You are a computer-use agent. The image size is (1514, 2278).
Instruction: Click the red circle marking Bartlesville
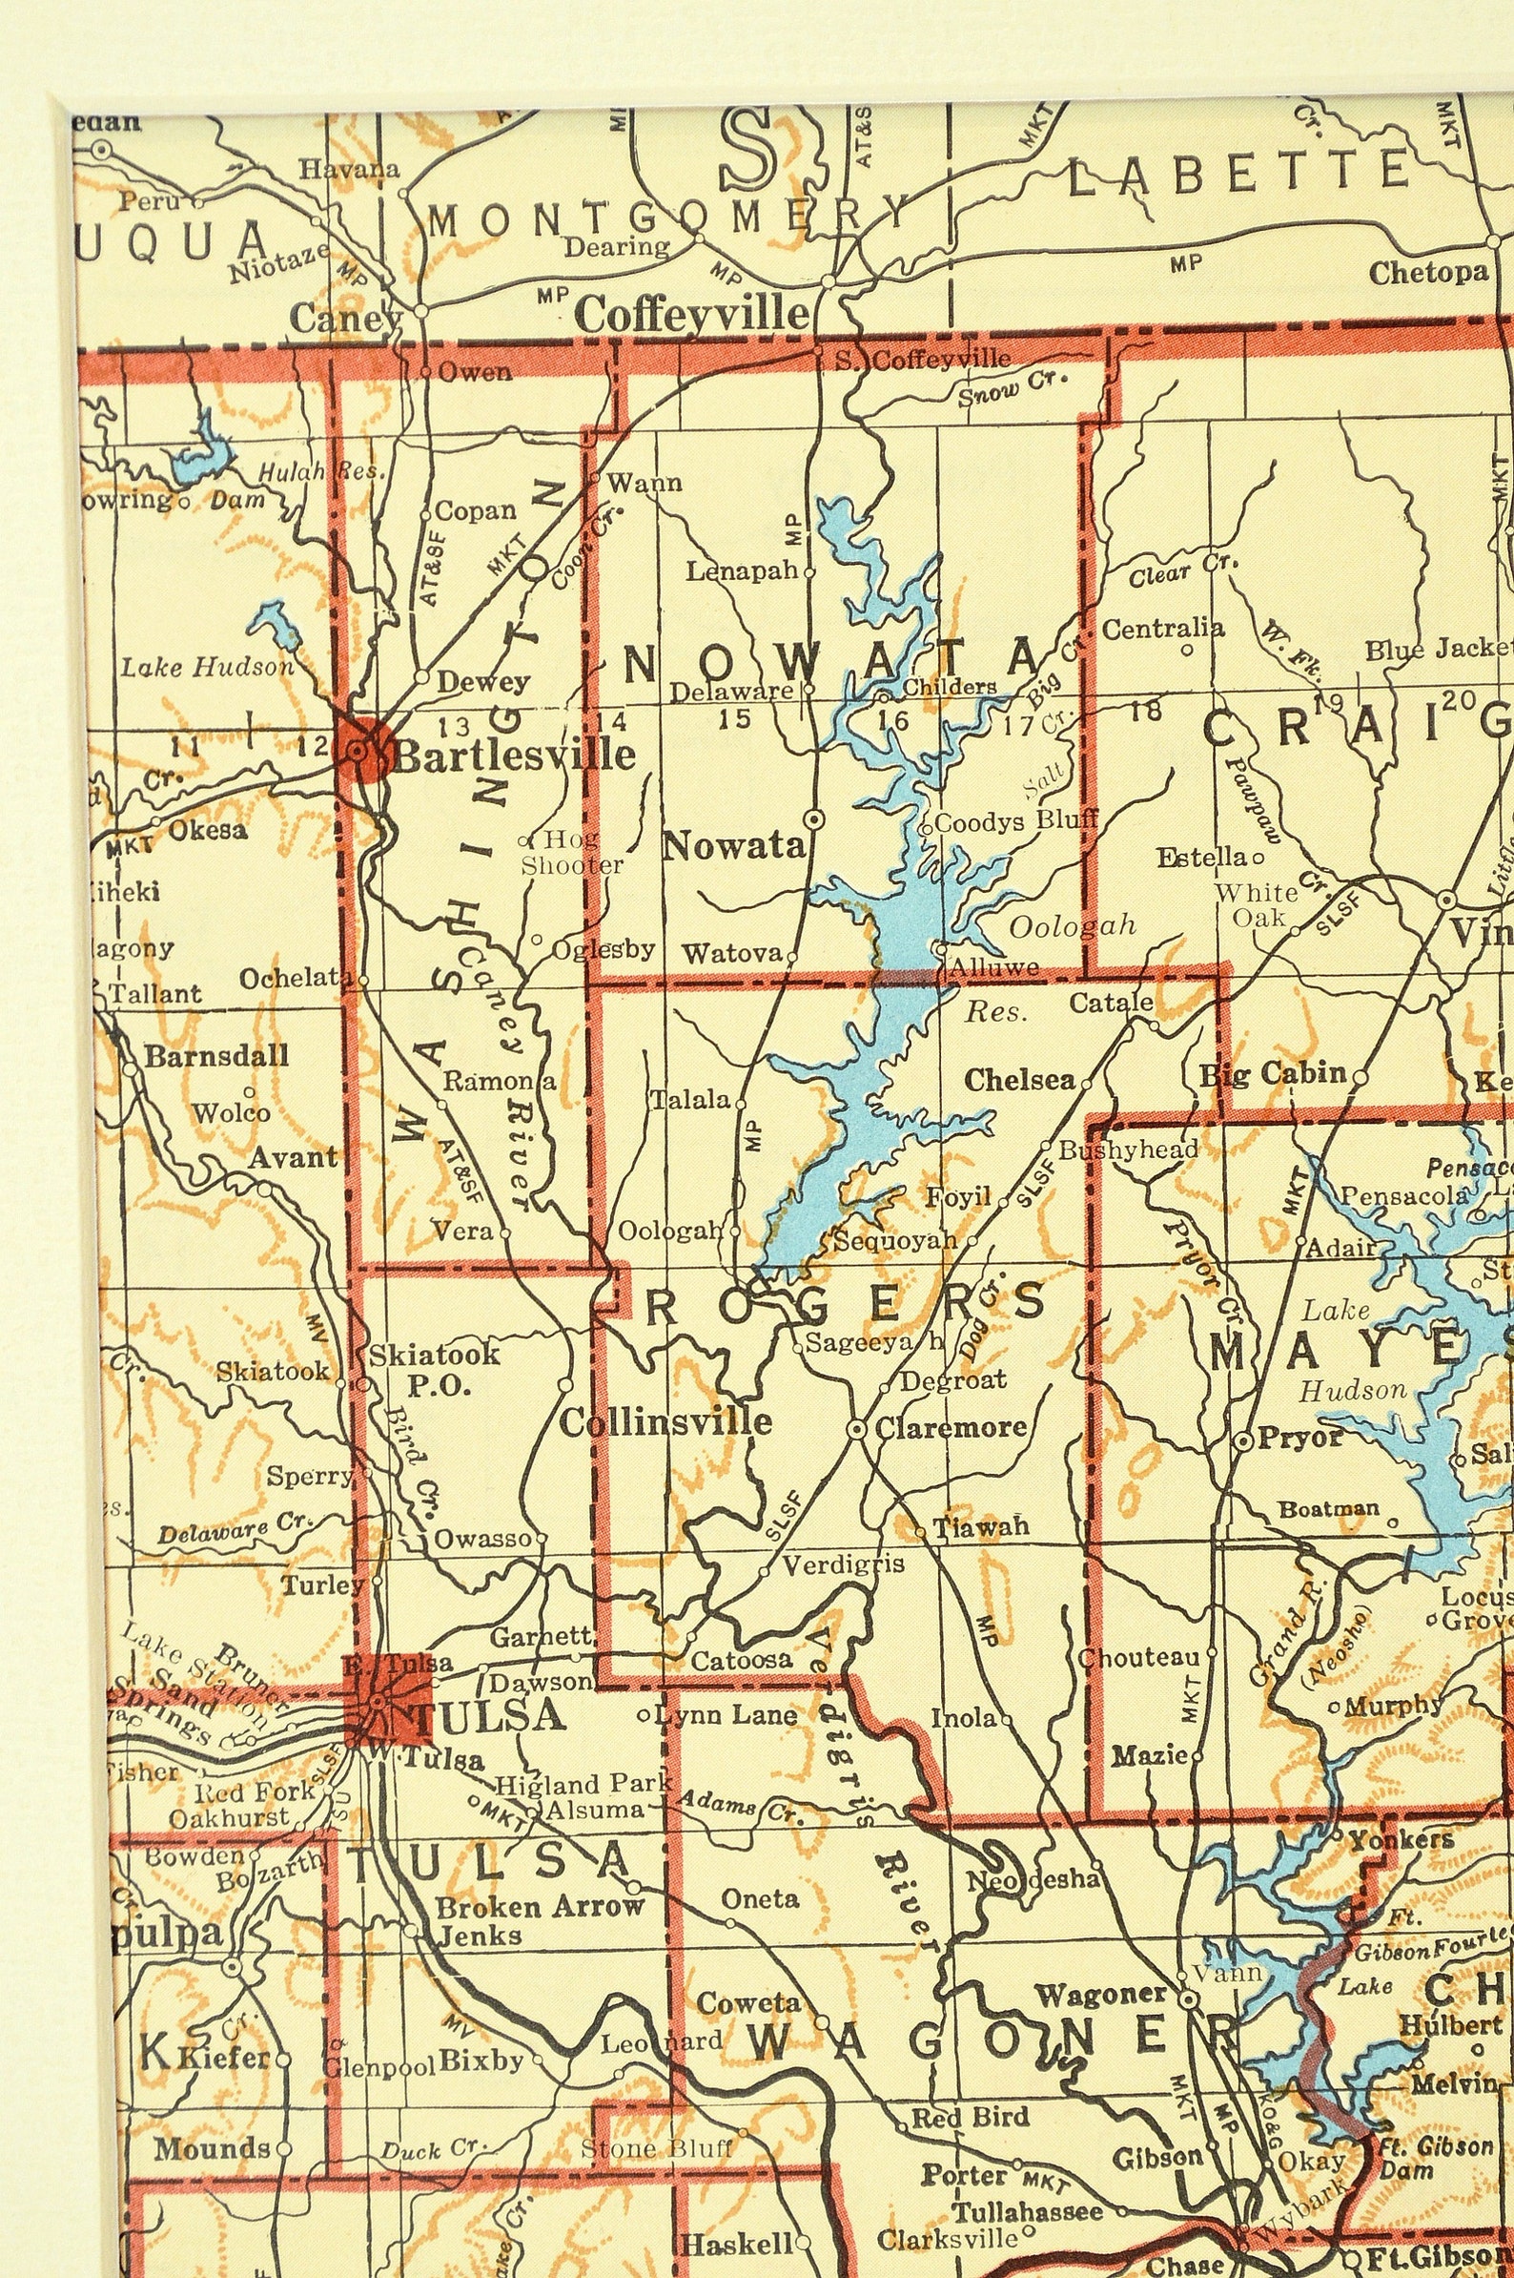coord(363,749)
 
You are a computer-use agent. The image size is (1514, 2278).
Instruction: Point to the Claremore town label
coord(951,1427)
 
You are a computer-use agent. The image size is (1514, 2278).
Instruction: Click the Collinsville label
coord(665,1421)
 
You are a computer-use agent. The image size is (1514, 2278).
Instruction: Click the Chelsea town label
coord(1019,1080)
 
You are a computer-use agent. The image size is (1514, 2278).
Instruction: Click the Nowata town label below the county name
coord(734,847)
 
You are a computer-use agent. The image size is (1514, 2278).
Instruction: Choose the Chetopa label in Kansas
coord(1428,274)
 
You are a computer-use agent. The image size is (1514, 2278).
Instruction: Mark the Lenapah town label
coord(743,571)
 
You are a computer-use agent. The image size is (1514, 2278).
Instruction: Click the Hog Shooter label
coord(572,852)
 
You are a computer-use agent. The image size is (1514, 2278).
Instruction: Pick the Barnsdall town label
coord(216,1055)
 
